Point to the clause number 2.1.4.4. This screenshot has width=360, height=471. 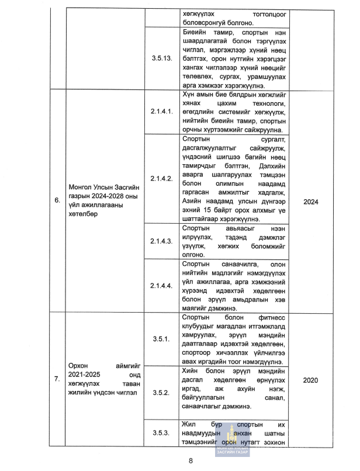click(161, 286)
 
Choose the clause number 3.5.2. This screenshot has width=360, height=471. click(161, 393)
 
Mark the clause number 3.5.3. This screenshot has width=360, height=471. click(161, 433)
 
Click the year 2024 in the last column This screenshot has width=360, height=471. click(311, 202)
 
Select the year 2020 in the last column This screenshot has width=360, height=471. click(311, 379)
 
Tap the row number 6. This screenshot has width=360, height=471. click(57, 202)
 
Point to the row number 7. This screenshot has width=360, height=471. click(57, 379)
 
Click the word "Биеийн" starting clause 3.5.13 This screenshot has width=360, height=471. click(195, 32)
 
